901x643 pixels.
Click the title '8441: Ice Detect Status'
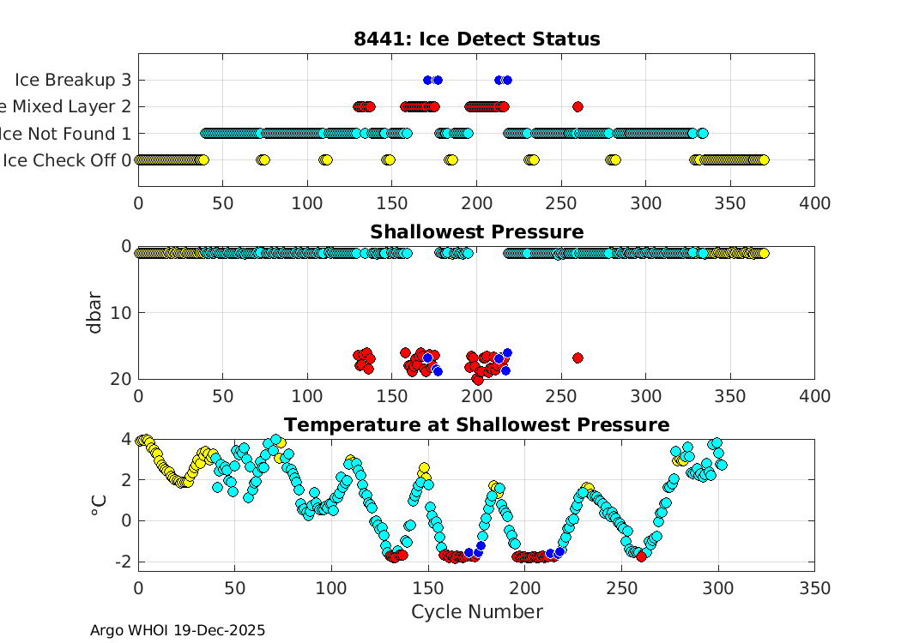476,39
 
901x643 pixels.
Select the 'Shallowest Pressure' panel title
476,232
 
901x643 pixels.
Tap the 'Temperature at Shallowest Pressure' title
476,425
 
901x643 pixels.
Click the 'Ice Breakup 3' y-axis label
73,80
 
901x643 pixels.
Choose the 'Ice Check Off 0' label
68,160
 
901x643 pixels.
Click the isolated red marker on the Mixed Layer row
577,106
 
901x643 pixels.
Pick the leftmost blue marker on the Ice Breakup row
427,80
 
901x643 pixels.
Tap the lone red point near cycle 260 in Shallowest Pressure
577,358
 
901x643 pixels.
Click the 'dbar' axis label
96,313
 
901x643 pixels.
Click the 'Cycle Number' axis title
476,612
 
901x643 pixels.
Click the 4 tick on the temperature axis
126,439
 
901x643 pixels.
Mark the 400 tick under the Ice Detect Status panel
813,204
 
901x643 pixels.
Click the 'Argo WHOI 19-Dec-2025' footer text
178,630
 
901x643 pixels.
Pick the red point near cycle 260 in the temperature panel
641,556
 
